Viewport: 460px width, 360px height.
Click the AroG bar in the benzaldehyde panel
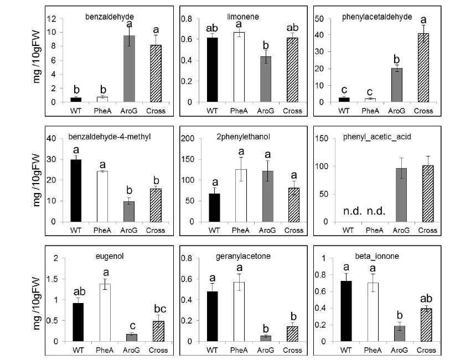click(130, 69)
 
